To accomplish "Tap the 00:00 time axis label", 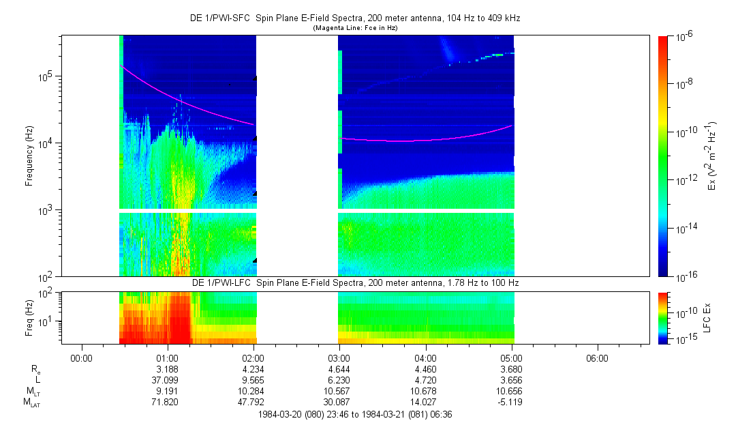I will click(x=81, y=358).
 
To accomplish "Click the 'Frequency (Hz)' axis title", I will click(x=29, y=156).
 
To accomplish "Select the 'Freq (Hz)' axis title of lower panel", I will click(x=29, y=315).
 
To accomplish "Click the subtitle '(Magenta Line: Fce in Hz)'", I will click(x=354, y=28).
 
